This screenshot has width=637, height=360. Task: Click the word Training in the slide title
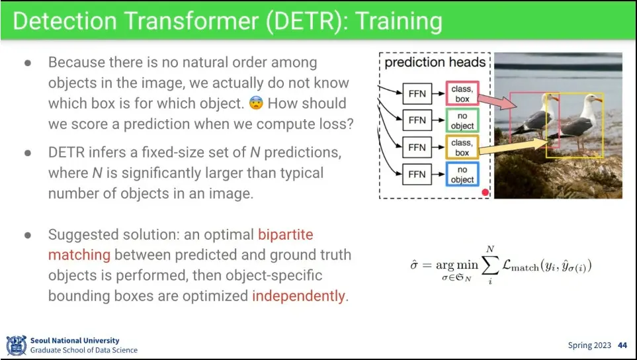click(399, 21)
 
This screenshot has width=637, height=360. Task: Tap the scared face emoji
click(256, 103)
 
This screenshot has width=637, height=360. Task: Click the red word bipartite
click(286, 234)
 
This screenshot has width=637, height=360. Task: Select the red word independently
click(298, 296)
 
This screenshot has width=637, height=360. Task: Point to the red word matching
click(79, 255)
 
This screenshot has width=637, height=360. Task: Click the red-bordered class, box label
click(462, 93)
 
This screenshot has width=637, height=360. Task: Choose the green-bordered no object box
click(462, 120)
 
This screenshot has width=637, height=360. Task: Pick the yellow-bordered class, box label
click(462, 147)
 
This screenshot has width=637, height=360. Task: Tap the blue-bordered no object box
click(462, 174)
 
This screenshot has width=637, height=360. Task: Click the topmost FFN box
click(417, 93)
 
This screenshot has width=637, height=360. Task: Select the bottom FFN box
click(417, 174)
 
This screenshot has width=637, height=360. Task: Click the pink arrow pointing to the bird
click(497, 101)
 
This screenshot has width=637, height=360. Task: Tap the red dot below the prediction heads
click(485, 192)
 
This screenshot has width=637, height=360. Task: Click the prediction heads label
click(435, 62)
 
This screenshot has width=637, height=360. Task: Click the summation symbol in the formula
click(490, 265)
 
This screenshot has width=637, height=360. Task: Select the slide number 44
click(622, 345)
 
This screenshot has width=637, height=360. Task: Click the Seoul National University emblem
click(17, 345)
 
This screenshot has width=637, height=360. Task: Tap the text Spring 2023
click(589, 345)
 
